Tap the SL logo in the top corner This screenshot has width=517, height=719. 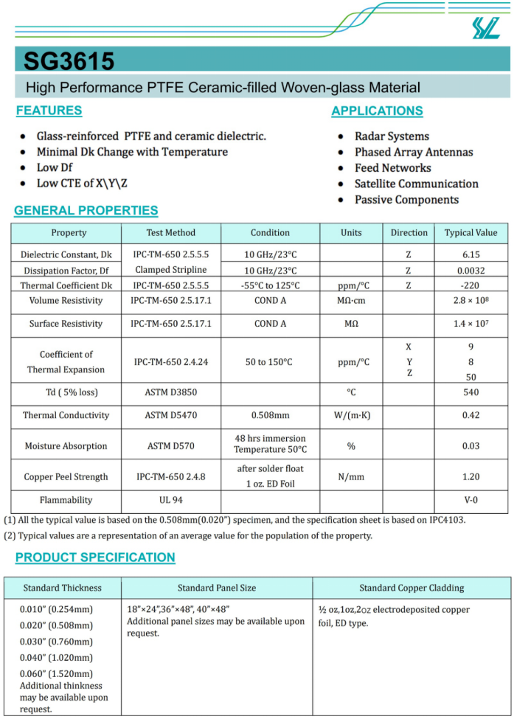point(486,27)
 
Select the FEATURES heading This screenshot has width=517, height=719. point(49,111)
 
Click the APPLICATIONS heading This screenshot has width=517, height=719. point(377,111)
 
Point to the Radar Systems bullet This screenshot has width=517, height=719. point(391,136)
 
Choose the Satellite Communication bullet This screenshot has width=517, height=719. point(416,184)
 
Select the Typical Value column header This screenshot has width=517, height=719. point(471,232)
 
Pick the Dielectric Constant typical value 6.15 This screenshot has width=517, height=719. point(471,254)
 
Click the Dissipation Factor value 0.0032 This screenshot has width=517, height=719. point(471,270)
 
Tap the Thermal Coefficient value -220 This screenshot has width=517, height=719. point(471,285)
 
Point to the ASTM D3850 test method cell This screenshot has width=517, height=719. point(170,392)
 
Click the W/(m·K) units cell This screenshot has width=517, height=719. point(351,415)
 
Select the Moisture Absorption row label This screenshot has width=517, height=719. point(66,446)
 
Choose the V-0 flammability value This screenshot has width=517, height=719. point(471,501)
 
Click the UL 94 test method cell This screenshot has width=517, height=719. point(170,501)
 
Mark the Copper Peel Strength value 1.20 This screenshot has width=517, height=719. point(471,477)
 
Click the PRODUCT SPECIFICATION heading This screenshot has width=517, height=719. point(95,558)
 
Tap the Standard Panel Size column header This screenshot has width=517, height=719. point(217,588)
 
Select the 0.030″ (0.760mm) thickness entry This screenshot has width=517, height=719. point(56,642)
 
